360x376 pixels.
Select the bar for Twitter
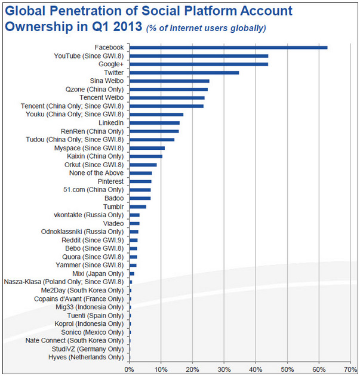(184, 72)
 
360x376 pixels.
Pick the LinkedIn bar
(154, 122)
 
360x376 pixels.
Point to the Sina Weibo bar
(169, 81)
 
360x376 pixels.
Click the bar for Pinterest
(140, 181)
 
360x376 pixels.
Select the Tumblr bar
(137, 207)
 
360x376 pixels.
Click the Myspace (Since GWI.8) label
(94, 147)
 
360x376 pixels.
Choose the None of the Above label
(97, 173)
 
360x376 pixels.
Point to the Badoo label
(113, 198)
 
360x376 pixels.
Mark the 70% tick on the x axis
(350, 369)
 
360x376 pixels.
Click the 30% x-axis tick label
(224, 369)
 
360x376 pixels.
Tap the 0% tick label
(129, 369)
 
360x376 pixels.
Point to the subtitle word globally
(246, 29)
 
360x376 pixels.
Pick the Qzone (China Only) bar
(168, 89)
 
